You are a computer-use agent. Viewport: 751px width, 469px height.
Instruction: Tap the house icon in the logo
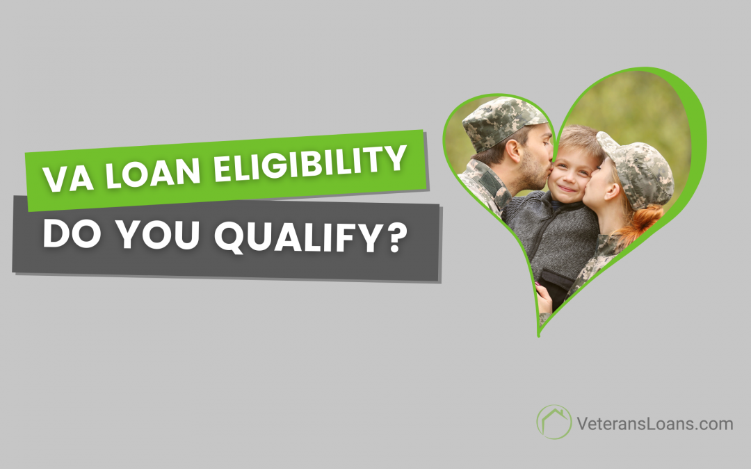[x=554, y=422]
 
